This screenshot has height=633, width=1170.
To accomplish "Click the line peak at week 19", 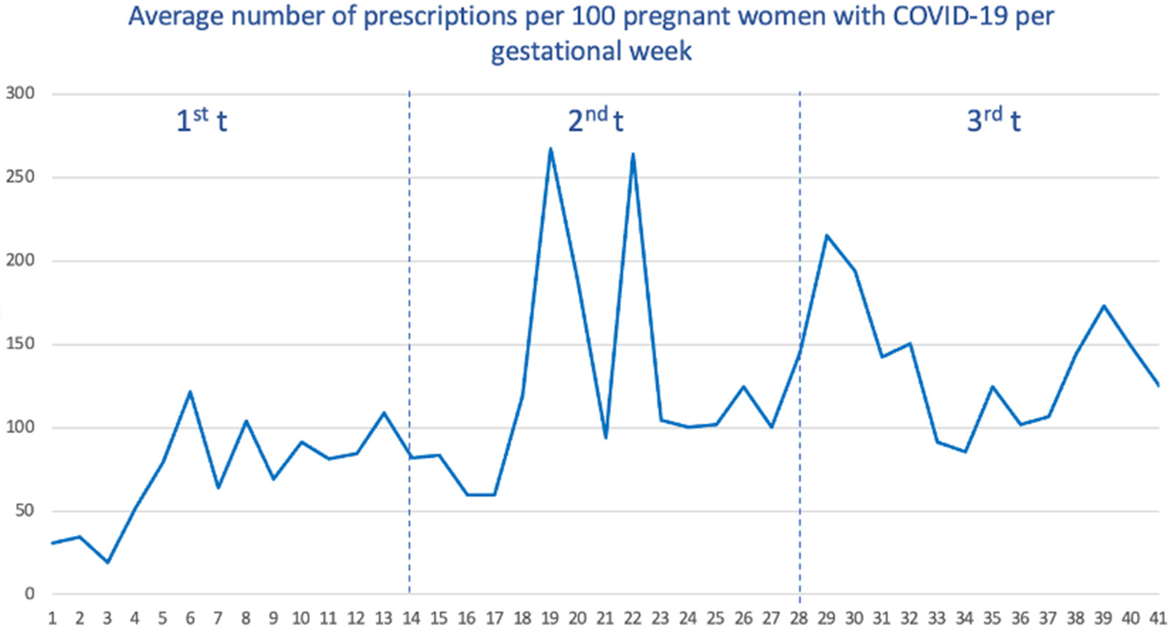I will (x=551, y=149).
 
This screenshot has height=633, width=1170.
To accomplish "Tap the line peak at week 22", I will (x=633, y=154).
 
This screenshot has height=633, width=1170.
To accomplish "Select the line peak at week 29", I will (x=827, y=235).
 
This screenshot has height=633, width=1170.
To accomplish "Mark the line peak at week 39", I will (x=1104, y=305).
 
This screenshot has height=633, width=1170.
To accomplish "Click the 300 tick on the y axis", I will (x=20, y=94).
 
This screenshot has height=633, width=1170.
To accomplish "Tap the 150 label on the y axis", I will (x=20, y=344).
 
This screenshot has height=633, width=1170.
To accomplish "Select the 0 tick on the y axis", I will (x=29, y=594).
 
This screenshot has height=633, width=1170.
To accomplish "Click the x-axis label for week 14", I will (x=411, y=619).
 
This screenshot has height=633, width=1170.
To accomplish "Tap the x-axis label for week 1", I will (x=52, y=619).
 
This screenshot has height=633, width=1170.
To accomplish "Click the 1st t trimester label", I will (x=201, y=121).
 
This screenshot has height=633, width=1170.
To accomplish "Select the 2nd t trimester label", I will (x=596, y=121).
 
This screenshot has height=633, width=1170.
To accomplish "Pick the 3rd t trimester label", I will (x=994, y=121).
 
